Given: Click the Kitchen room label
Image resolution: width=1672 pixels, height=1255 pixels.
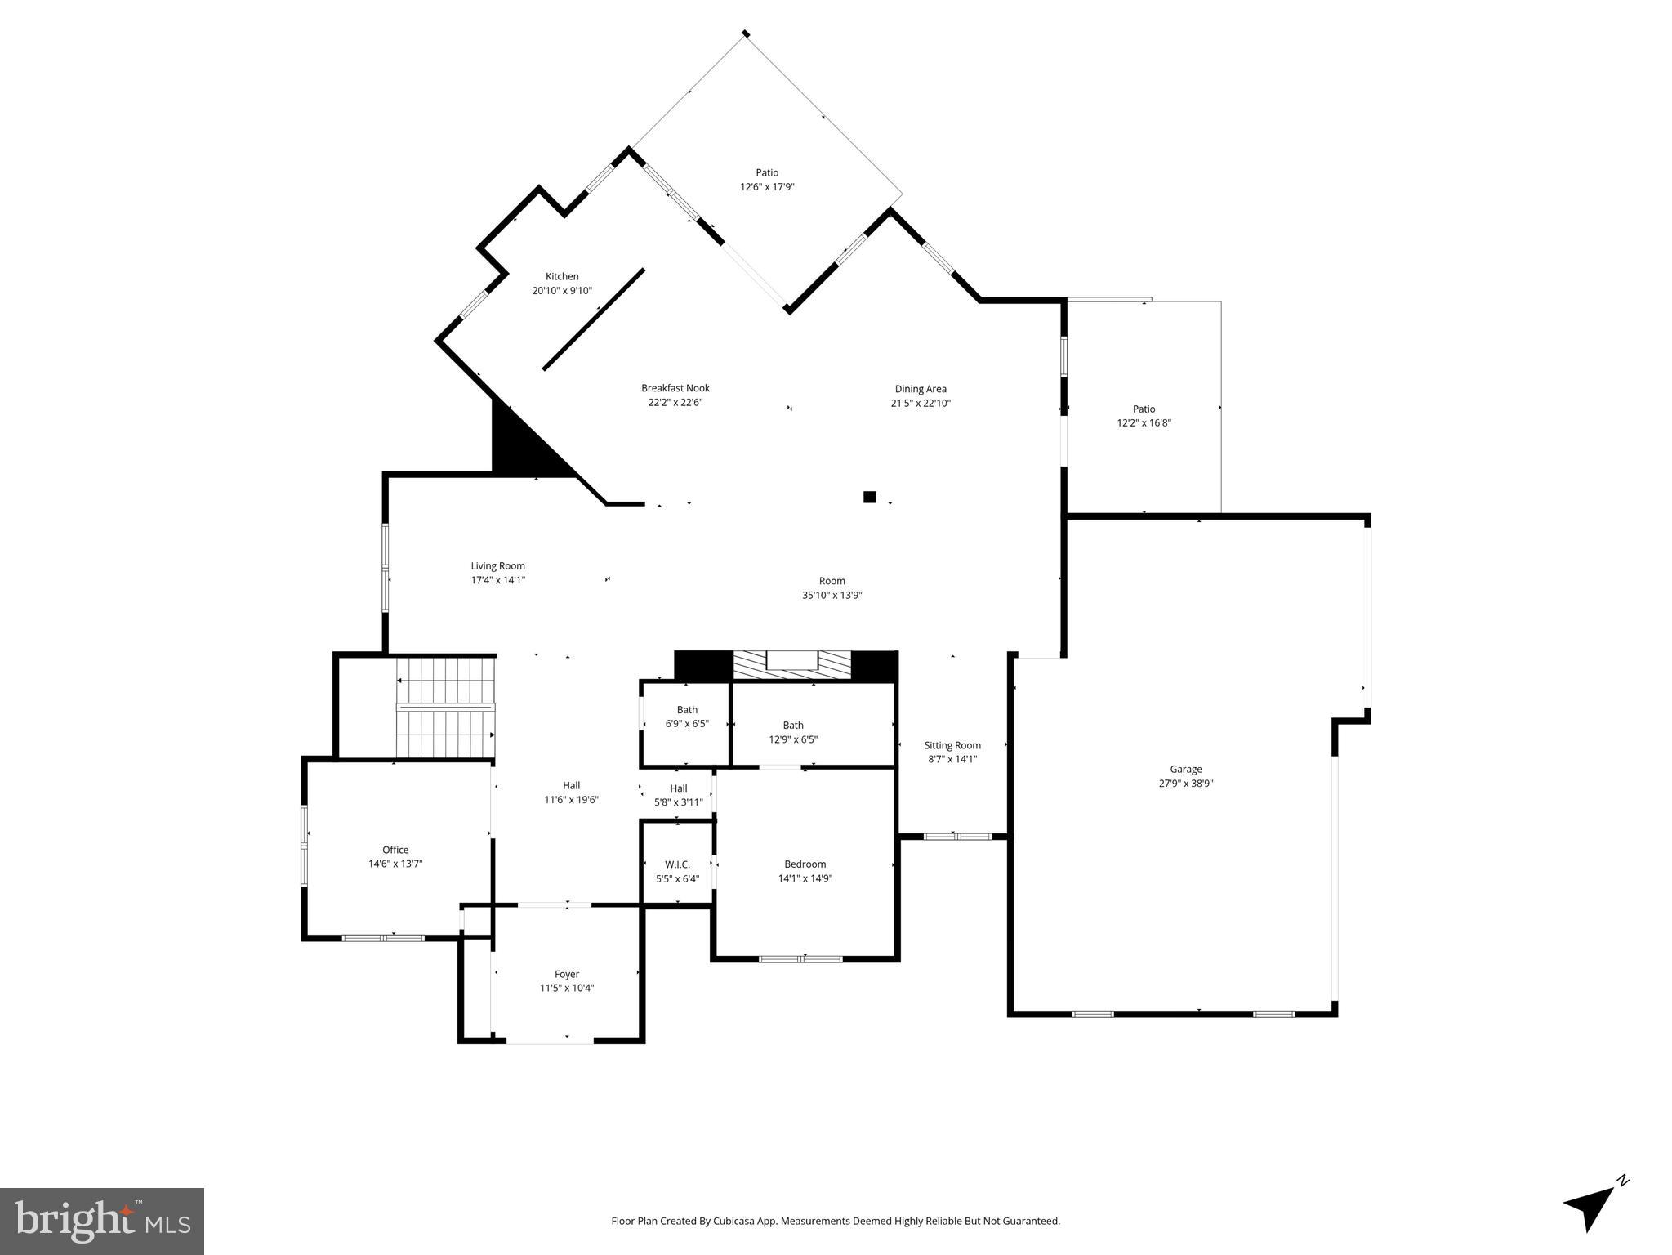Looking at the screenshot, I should [562, 277].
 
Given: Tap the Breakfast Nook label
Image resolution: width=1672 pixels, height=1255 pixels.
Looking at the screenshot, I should [675, 388].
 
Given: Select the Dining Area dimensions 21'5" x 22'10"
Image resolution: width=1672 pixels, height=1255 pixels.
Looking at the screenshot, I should [920, 403].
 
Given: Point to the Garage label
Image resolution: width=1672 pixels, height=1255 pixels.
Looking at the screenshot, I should [1185, 769].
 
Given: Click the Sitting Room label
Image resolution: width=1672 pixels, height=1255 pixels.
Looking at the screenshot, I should [952, 745].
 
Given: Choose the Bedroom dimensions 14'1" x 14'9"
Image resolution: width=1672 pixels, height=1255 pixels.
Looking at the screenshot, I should [805, 878].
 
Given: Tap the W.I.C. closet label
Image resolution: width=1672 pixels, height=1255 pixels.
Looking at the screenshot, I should [677, 864].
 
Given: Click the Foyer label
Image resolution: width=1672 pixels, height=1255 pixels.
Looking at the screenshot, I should [566, 974].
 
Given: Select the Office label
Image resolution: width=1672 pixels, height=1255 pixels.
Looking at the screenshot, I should [395, 850].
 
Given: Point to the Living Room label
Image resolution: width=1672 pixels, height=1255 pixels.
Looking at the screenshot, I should [497, 565].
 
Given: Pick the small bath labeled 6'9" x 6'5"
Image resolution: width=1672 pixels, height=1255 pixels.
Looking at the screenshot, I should [686, 717].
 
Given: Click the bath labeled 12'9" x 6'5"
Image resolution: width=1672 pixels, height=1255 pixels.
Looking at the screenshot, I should [792, 731].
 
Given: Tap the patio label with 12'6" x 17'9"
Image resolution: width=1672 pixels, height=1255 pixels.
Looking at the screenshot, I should [766, 180].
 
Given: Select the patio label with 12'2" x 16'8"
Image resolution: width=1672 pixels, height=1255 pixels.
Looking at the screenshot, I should [1144, 416].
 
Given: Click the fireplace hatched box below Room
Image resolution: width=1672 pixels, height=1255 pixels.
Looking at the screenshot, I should [791, 664].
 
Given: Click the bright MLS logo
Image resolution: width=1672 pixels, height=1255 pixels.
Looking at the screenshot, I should [102, 1221].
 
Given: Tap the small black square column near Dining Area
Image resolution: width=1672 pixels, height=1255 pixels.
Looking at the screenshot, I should [869, 497].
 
